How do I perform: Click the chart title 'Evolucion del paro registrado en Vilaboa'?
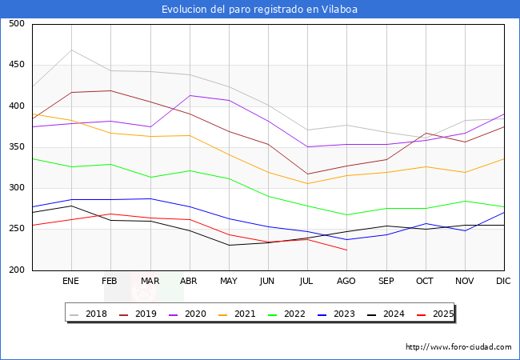pos(259,10)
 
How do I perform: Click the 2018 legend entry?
pos(89,314)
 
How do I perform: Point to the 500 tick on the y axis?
pos(16,24)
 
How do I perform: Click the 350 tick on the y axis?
pos(16,147)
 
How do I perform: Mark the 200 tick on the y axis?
pos(16,270)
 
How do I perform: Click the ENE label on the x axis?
pos(71,282)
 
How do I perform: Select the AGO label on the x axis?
pos(346,282)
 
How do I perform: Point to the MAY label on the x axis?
pos(229,282)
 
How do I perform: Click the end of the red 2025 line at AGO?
pos(346,250)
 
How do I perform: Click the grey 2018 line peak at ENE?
pos(71,50)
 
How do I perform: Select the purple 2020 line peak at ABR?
pos(190,95)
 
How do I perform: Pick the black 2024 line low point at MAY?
pos(229,245)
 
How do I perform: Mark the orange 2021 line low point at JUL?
pos(307,183)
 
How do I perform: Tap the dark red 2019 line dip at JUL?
pos(307,174)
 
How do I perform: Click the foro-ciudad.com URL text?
pos(458,347)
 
